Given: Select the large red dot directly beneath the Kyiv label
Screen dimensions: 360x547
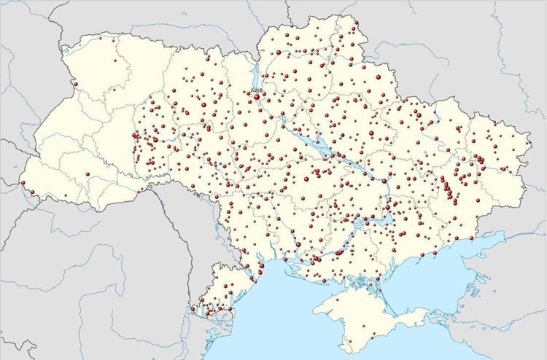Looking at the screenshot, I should pyautogui.click(x=257, y=95).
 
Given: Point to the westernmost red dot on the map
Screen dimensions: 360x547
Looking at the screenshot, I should pyautogui.click(x=23, y=182).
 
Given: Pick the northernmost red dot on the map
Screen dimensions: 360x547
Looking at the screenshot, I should pyautogui.click(x=357, y=23).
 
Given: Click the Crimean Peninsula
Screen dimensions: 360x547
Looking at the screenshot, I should pyautogui.click(x=372, y=313).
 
